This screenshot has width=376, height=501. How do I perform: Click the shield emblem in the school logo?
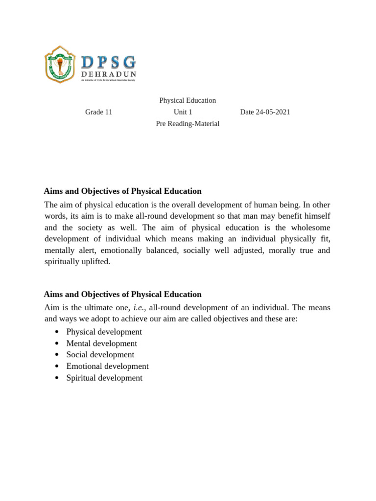point(60,65)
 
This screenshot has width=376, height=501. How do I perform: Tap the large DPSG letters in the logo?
point(108,62)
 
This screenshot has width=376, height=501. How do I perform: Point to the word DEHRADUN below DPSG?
point(108,74)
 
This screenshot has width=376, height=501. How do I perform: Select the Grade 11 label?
point(99,112)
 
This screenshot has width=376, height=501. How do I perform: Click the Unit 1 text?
point(183,112)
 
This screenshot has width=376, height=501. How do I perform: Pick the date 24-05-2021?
point(265,112)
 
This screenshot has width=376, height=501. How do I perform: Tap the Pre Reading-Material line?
point(188,124)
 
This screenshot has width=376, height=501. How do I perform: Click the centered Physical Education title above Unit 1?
point(188,100)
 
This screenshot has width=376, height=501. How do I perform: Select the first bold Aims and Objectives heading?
point(123,191)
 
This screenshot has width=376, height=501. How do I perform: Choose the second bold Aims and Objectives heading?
point(123,295)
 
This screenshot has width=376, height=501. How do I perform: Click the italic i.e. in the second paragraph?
point(140,308)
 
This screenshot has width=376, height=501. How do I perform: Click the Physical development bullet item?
point(104,332)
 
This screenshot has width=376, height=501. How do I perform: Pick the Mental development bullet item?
point(102,343)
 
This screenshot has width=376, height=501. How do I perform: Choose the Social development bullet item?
point(100,355)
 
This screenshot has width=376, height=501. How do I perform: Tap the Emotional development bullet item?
point(107,366)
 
